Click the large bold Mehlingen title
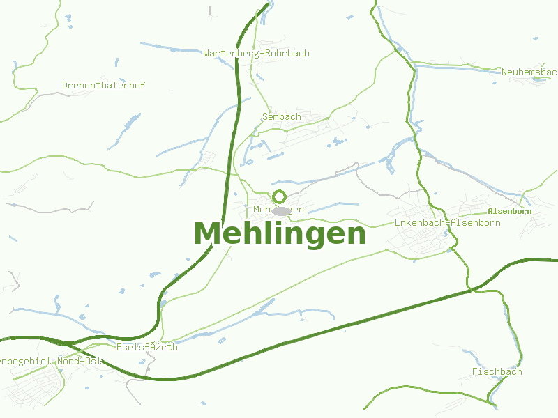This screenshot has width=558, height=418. coord(280,234)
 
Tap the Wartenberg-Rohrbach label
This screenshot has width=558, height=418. coord(256,54)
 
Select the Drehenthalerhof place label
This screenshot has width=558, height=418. coord(103,86)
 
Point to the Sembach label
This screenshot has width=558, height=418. coord(282,117)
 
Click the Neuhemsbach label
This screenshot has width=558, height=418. coord(529,72)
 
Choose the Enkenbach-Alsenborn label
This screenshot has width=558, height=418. coord(447,223)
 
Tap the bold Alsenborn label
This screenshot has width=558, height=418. coord(510,211)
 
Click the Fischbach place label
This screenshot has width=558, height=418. coord(497,372)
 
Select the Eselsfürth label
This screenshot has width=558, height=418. coord(146,348)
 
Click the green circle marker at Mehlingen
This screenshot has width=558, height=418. coord(279,196)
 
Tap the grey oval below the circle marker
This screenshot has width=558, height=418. coord(280,210)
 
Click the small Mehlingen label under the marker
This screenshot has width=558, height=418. coord(278,210)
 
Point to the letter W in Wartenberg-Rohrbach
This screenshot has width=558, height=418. coord(206,54)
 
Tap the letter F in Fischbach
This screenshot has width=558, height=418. coord(474,372)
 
